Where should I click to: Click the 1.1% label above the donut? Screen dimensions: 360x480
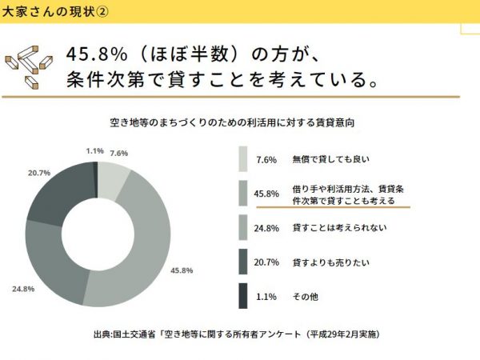94,150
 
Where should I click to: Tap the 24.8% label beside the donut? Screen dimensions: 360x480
22,288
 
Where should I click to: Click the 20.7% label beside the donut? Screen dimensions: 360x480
39,173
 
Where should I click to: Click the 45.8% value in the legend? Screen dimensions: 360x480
266,193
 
